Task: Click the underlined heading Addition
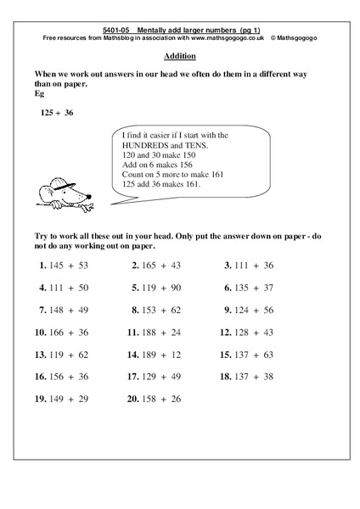(x=178, y=56)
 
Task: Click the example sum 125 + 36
(x=57, y=112)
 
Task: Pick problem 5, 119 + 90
(x=156, y=288)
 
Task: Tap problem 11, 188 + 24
(x=155, y=332)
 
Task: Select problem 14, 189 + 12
(x=155, y=354)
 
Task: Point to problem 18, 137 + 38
(x=247, y=376)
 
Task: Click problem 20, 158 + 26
(x=155, y=398)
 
